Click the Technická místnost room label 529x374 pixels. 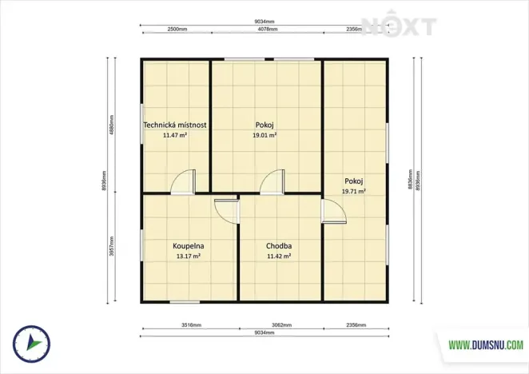(175, 125)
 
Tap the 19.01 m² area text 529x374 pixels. (265, 136)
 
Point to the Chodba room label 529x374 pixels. (279, 246)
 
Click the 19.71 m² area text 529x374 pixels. (353, 192)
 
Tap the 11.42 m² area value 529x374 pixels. (279, 257)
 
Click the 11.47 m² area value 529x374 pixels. (175, 136)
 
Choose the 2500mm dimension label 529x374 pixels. (177, 30)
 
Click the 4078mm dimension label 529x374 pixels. (268, 30)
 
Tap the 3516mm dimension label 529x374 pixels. (190, 326)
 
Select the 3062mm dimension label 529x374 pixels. (280, 326)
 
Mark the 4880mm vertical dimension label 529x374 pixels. (113, 126)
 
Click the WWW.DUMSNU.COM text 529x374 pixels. (486, 346)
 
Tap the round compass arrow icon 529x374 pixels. (29, 342)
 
